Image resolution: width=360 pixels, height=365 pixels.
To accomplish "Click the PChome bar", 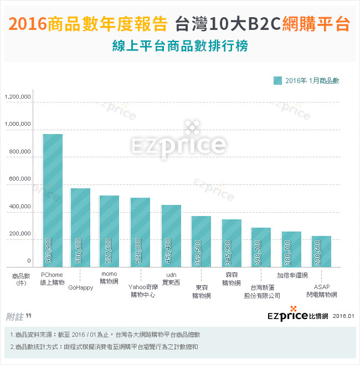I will point(53,199).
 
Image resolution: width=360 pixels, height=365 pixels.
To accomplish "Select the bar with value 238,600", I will point(321,251).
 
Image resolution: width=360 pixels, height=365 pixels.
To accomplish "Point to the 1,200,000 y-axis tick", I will point(18,97).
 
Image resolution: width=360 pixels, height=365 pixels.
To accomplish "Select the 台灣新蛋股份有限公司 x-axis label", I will point(262,291).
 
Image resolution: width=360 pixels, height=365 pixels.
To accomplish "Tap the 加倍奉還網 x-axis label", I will point(292,274).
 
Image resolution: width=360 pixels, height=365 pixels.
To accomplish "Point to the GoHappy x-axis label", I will point(81,287).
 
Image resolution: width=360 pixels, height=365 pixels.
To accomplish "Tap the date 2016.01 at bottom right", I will point(343,316).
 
